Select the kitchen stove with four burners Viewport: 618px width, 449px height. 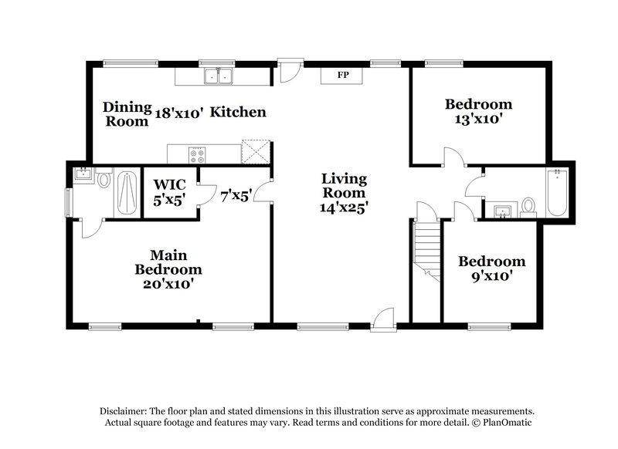click(x=198, y=154)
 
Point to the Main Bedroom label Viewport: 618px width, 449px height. click(x=168, y=262)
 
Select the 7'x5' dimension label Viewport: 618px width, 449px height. click(x=236, y=196)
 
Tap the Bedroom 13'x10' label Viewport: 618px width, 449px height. click(x=479, y=112)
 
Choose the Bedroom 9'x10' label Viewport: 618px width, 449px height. click(x=491, y=268)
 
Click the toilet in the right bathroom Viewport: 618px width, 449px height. click(x=528, y=205)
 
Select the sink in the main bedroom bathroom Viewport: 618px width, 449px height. click(x=82, y=174)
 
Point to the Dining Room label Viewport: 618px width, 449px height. click(x=123, y=113)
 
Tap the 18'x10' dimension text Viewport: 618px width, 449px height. click(x=178, y=113)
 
